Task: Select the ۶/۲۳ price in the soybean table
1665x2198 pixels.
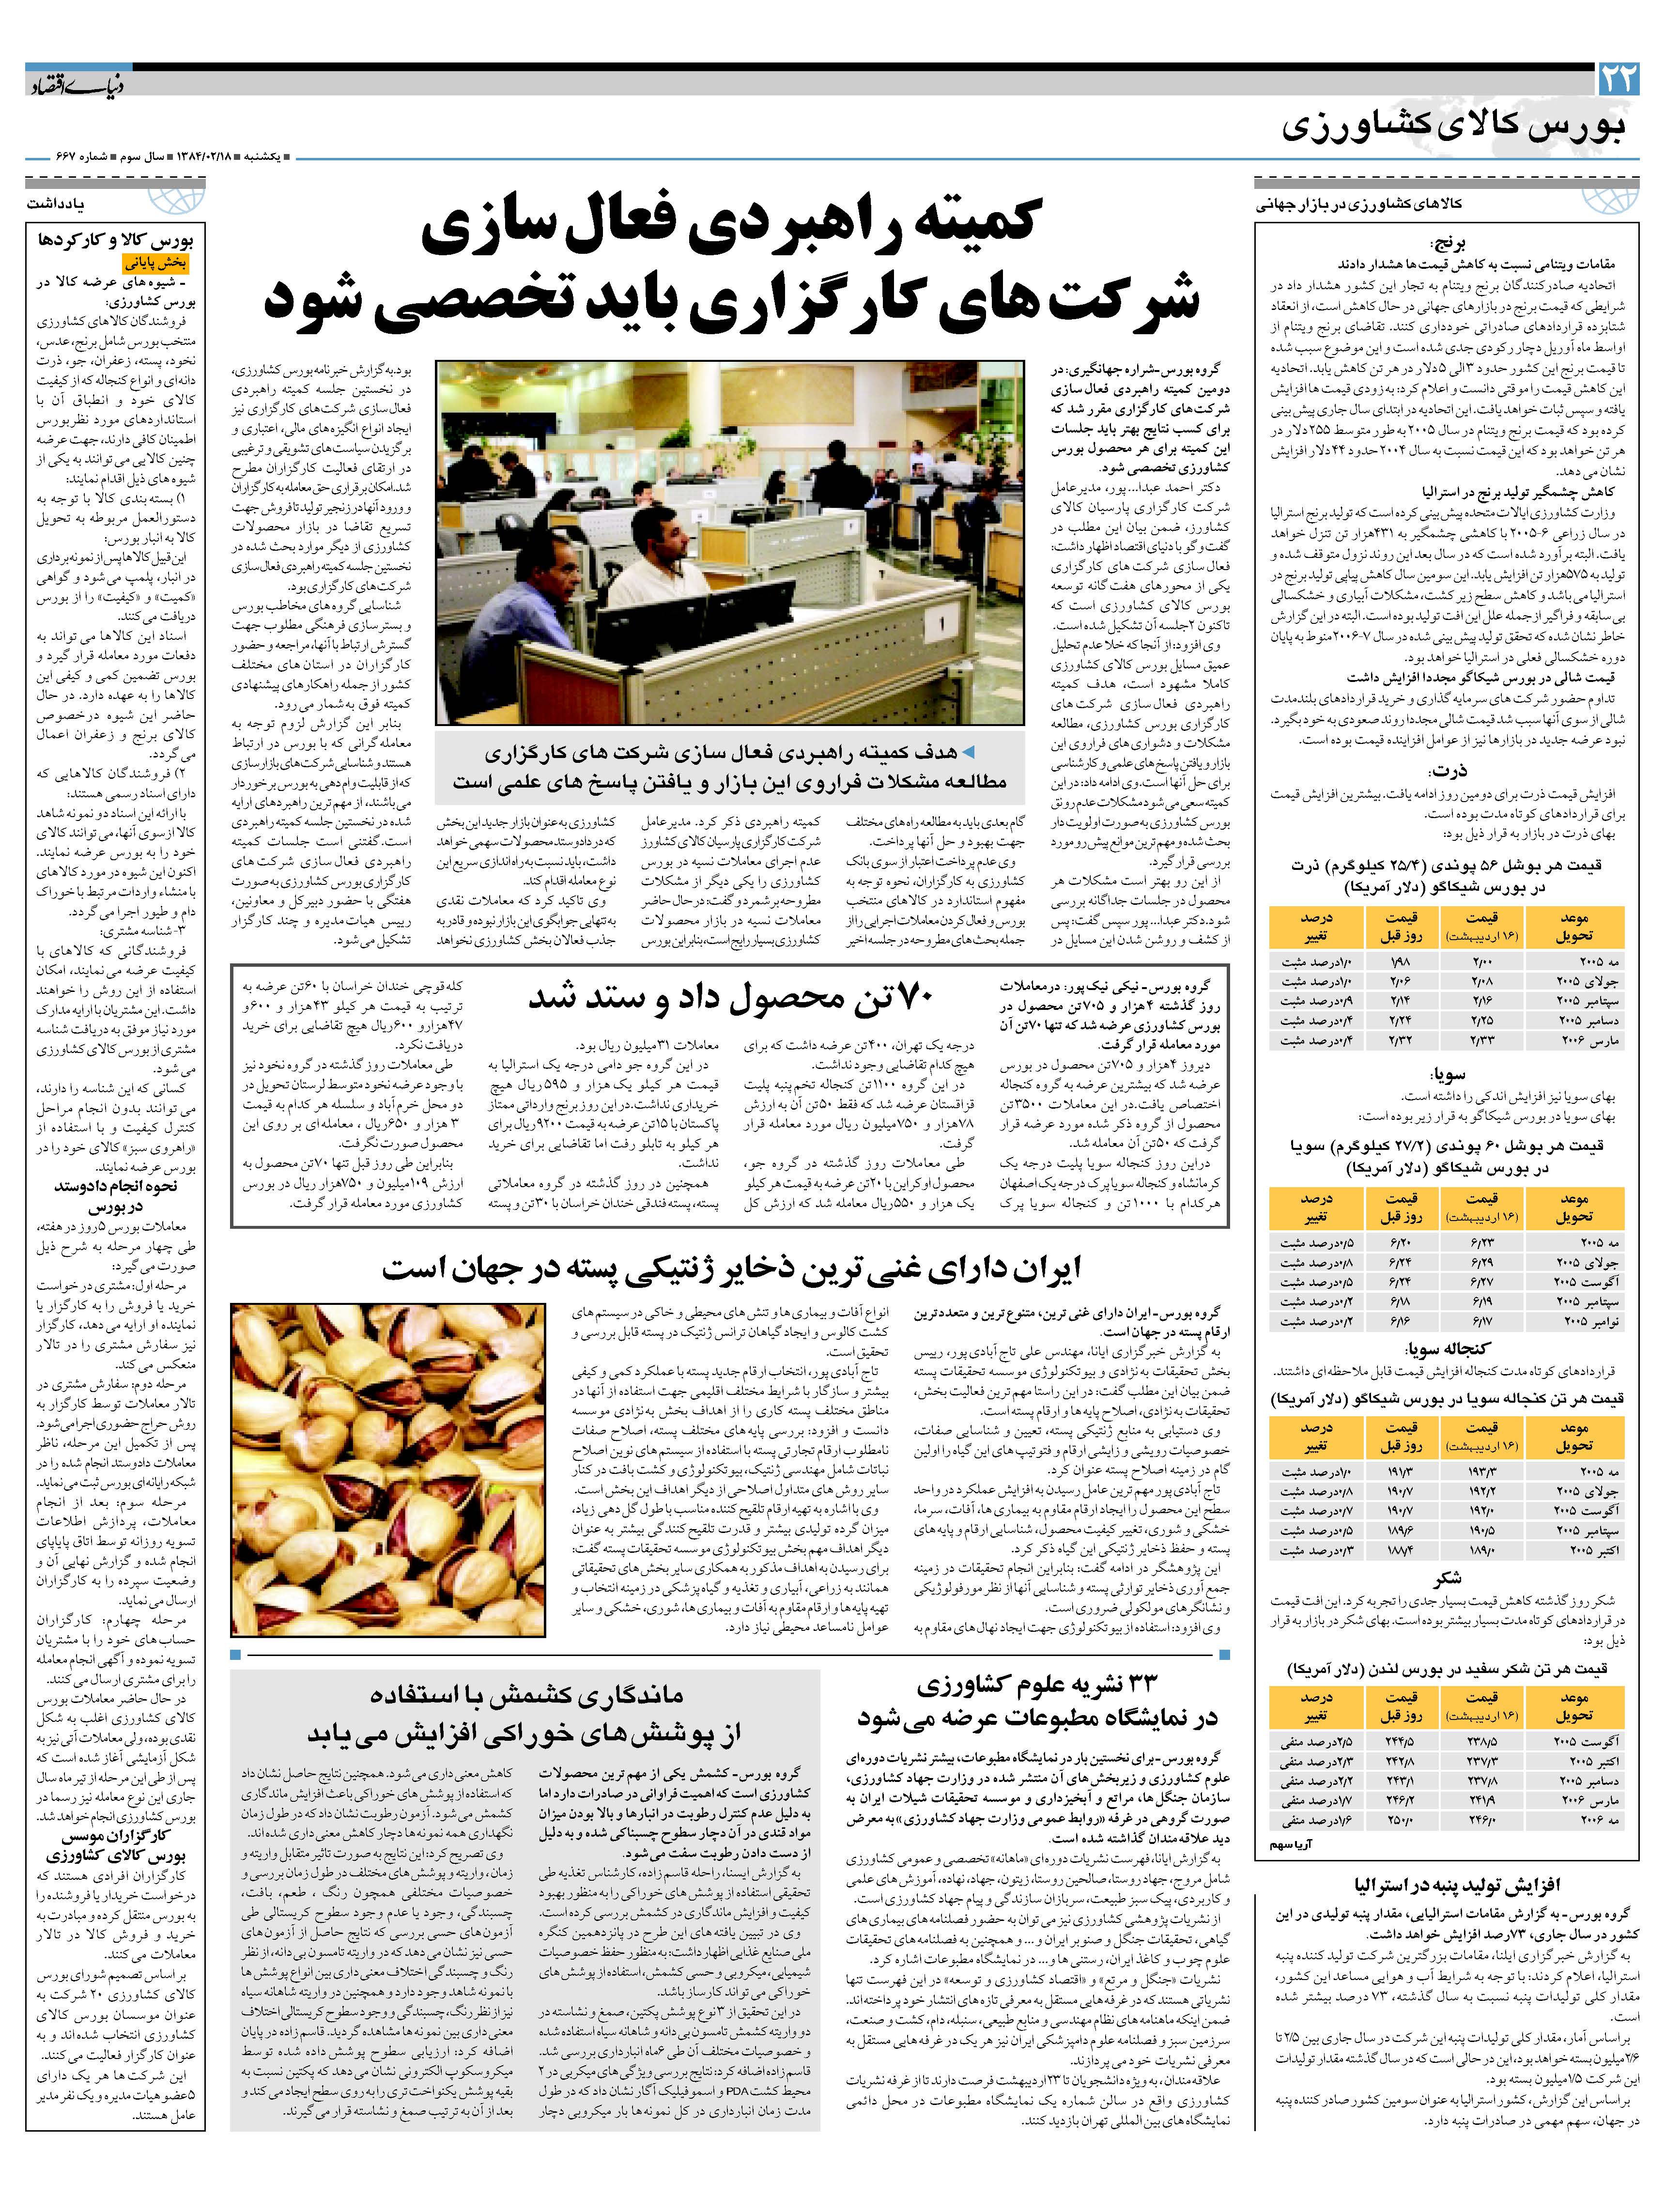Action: [1482, 1242]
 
